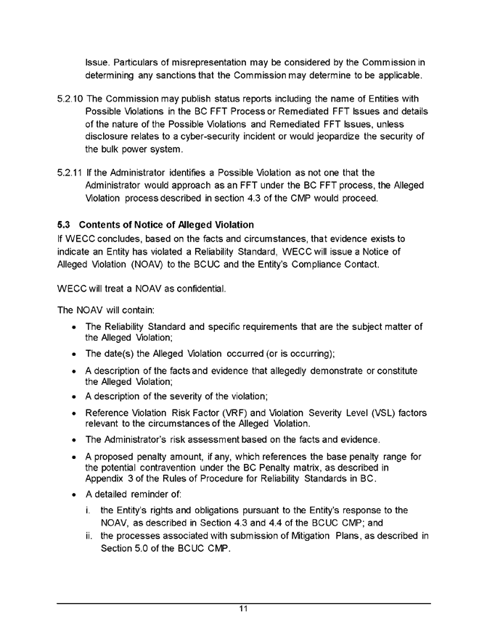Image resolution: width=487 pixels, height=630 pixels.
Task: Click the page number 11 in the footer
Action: coord(244,608)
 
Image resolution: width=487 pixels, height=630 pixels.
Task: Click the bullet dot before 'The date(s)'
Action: coord(76,352)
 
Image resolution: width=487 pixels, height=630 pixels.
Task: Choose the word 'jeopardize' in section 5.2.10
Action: coord(333,138)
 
